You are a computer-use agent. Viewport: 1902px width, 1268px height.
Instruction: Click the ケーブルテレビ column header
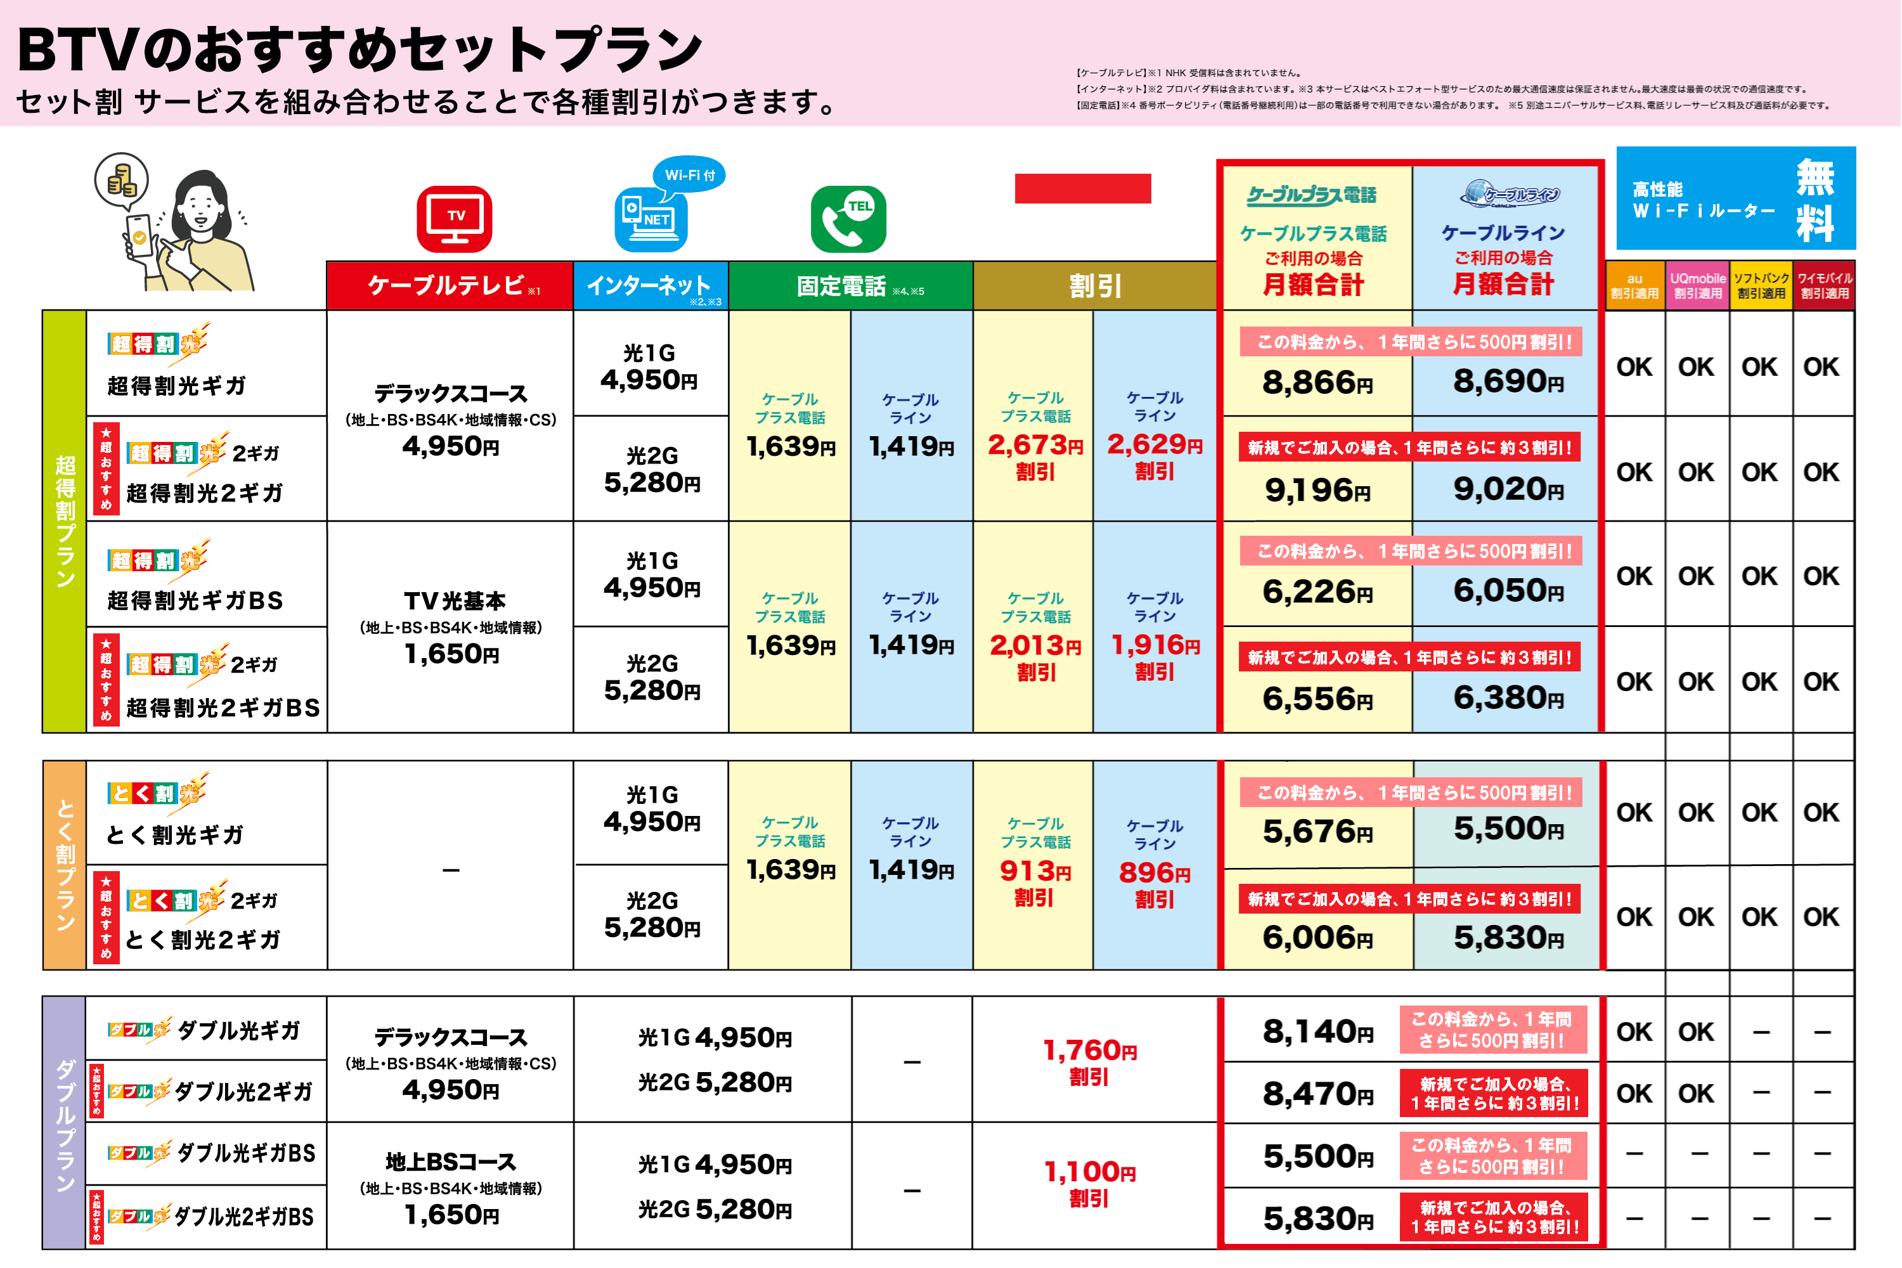pyautogui.click(x=450, y=285)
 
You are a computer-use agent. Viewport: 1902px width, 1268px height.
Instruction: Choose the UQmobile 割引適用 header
pyautogui.click(x=1697, y=285)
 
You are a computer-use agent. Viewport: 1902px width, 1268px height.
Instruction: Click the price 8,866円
pyautogui.click(x=1317, y=382)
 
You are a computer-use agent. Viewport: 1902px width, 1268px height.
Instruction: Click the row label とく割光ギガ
pyautogui.click(x=175, y=834)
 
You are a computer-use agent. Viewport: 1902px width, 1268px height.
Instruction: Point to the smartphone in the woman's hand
pyautogui.click(x=139, y=235)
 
